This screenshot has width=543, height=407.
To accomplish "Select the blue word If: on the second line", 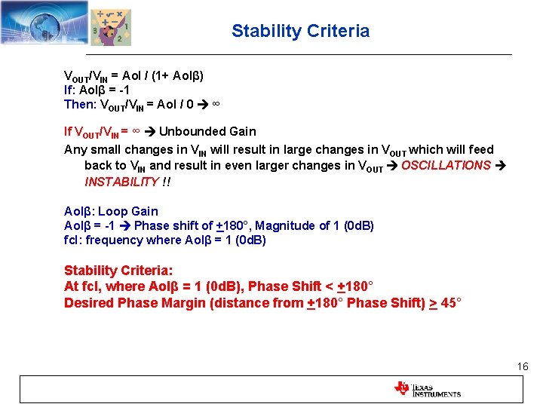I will pos(73,90).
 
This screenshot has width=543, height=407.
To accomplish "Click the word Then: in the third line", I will pos(79,104).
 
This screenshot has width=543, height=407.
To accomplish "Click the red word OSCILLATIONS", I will pos(446,165).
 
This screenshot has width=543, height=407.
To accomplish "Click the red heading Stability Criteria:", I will pos(118,271).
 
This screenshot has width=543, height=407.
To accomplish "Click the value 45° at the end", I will pos(451,303).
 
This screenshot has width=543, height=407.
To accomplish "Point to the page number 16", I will pos(523,366).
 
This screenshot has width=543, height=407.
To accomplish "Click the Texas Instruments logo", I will pos(427,389).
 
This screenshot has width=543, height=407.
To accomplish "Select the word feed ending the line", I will pos(480,149).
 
